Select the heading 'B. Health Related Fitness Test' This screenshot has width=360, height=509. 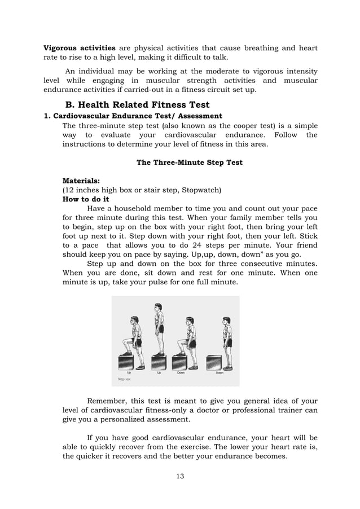click(x=137, y=104)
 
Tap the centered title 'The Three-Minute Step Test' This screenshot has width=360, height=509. click(x=190, y=163)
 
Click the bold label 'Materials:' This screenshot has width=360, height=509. click(x=81, y=181)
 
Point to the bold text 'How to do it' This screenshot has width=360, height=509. click(x=86, y=199)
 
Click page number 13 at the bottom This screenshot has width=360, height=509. click(x=180, y=476)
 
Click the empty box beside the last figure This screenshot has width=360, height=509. click(x=214, y=362)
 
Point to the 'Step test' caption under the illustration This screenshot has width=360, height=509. click(x=124, y=380)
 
